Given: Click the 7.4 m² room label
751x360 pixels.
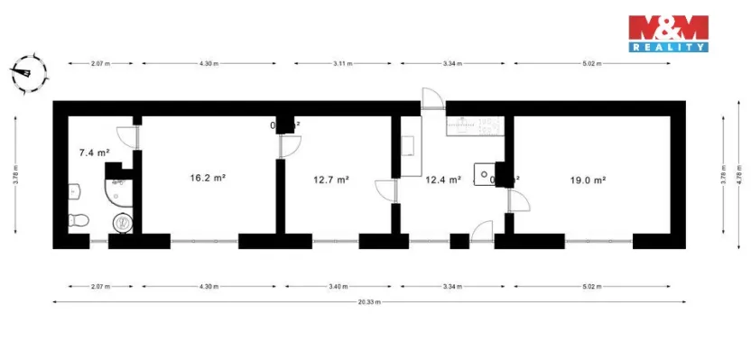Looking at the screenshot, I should coord(94,153).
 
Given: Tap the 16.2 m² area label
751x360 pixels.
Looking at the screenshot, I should coord(207,179).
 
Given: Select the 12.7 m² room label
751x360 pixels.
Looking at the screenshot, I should coord(330,180).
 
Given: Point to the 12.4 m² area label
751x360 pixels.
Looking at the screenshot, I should coord(442,180).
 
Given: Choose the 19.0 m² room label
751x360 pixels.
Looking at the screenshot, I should coord(588,180).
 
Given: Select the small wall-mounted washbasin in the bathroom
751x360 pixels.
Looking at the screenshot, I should coord(74,190).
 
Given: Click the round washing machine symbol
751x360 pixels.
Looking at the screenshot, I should coord(122,222).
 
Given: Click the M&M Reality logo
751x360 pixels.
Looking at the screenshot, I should coord(669,33).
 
